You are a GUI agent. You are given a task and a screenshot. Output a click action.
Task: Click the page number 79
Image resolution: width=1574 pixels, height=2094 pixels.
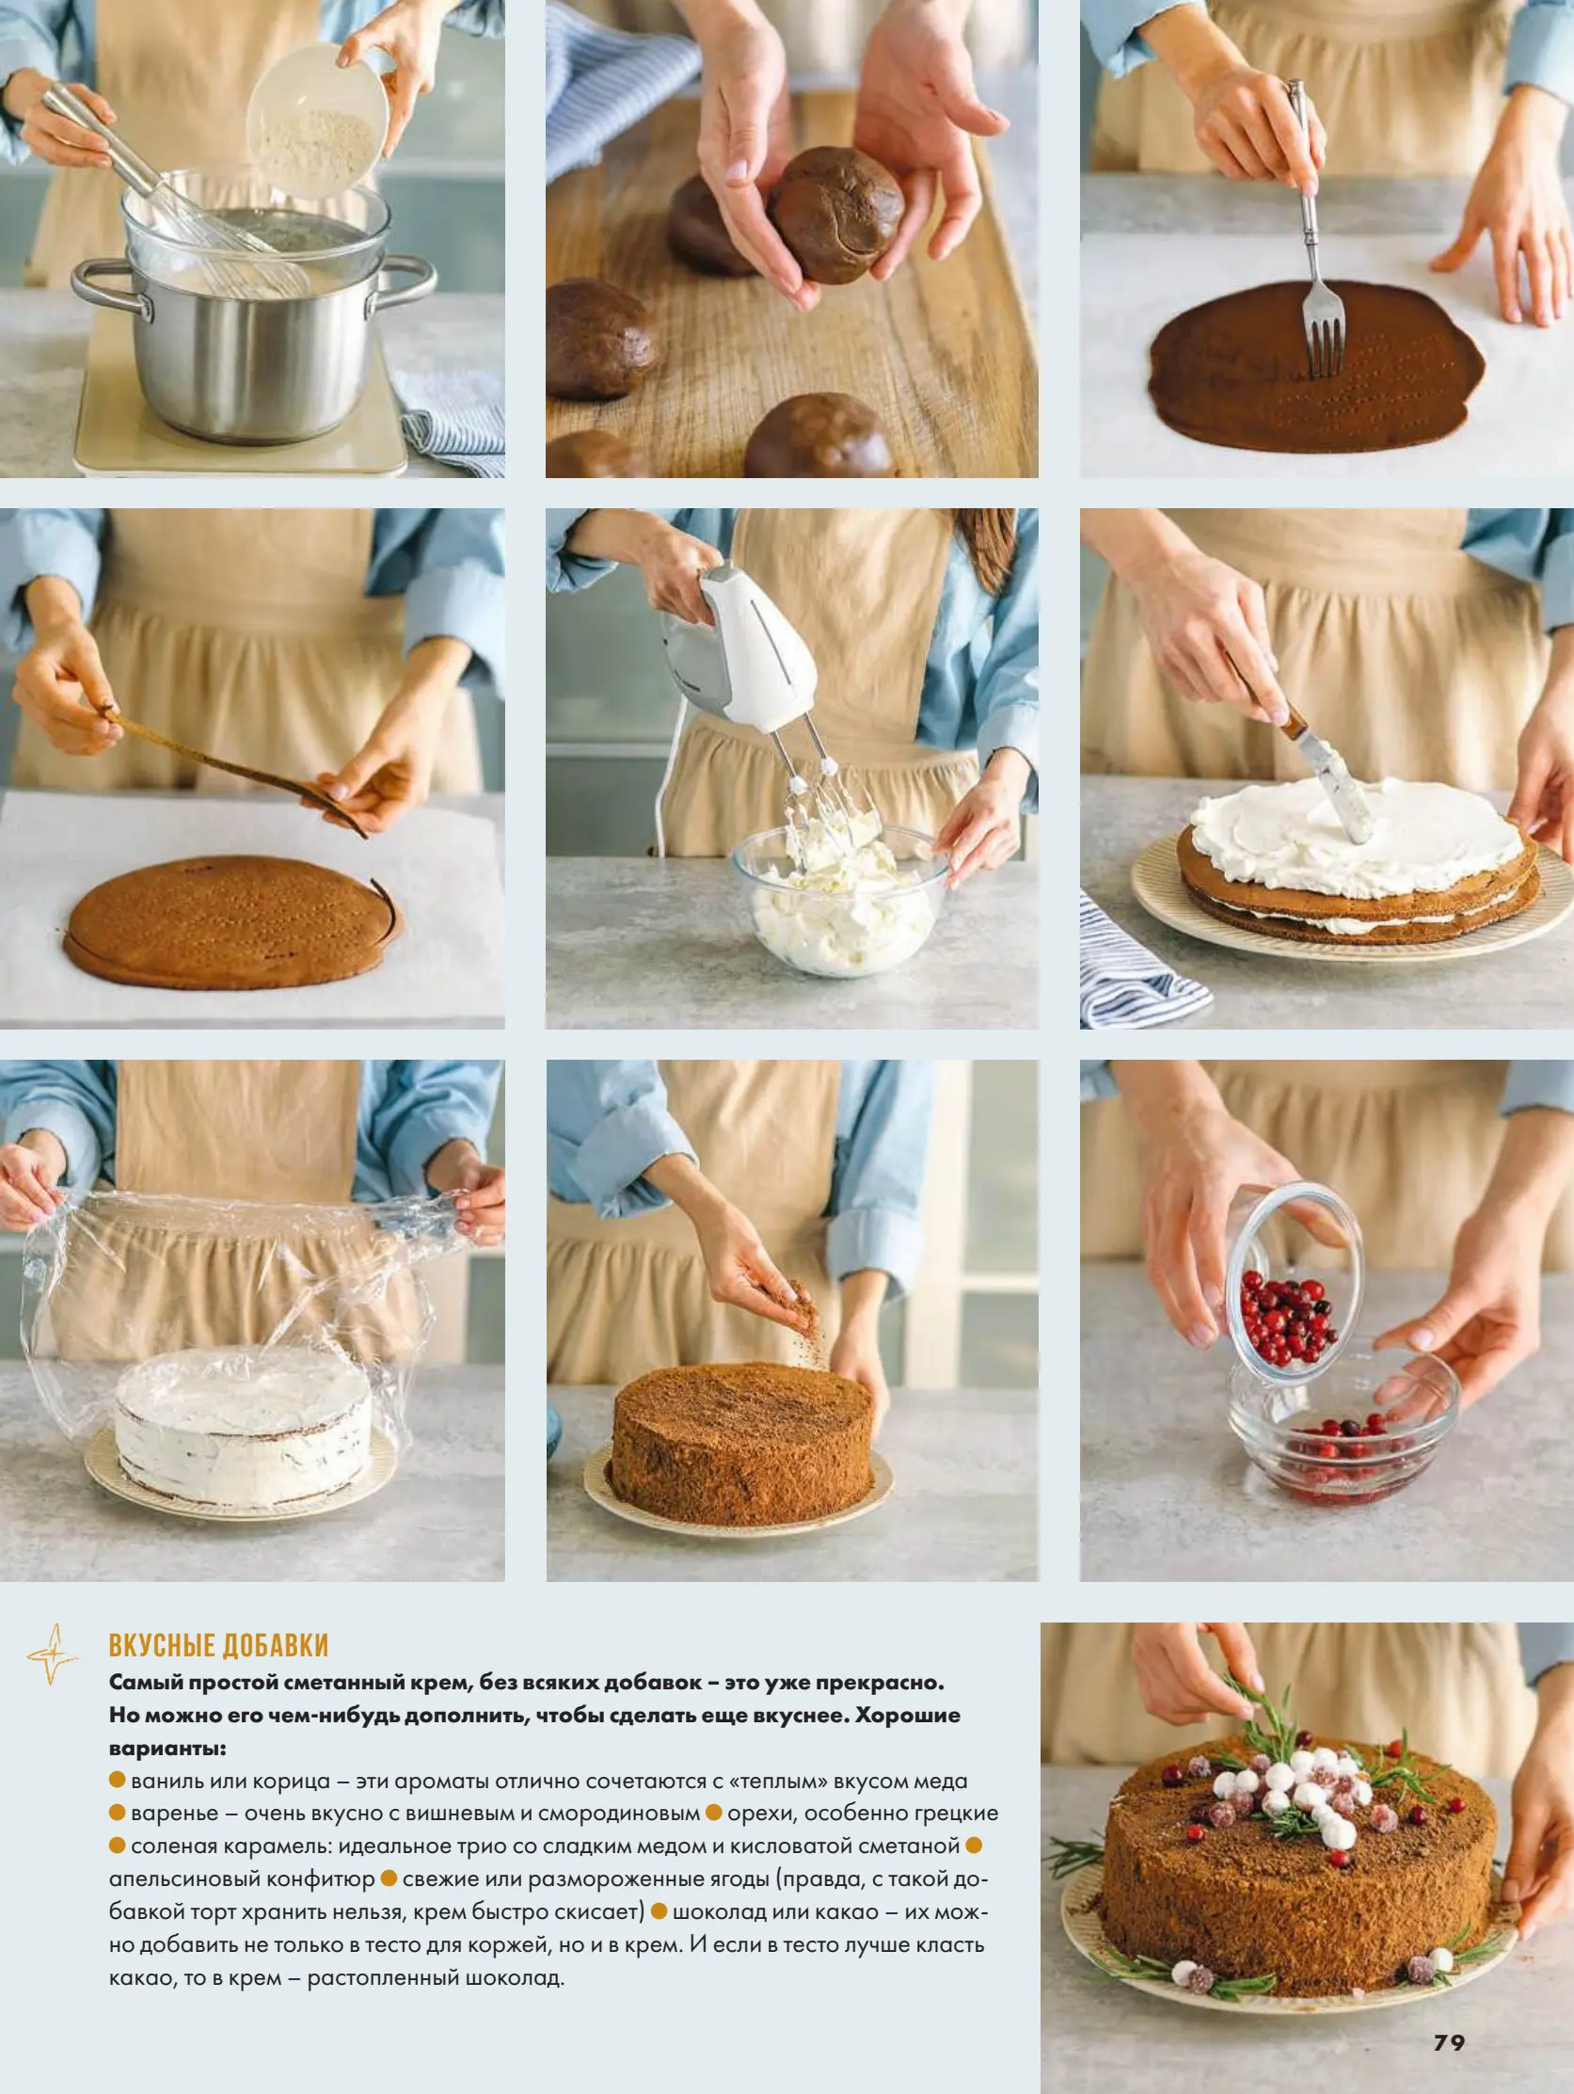coord(1449,2042)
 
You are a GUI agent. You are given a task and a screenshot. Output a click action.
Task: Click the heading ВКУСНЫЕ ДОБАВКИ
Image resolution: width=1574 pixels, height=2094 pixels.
coord(218,1645)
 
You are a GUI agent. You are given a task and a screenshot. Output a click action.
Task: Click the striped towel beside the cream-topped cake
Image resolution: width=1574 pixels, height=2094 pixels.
coord(1135,961)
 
